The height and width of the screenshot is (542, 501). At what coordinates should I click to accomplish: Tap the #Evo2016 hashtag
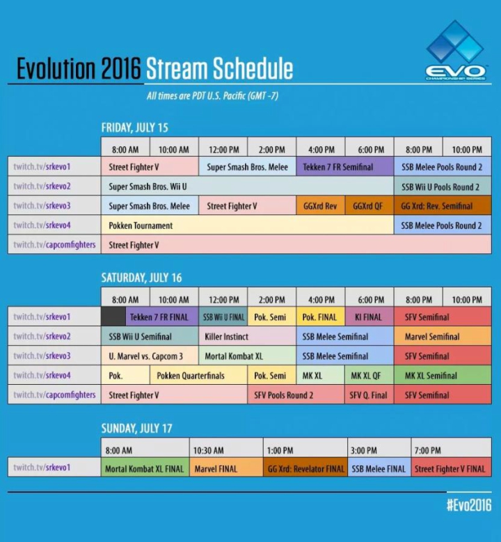[469, 505]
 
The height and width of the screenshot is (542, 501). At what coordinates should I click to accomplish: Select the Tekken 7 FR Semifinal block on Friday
[344, 166]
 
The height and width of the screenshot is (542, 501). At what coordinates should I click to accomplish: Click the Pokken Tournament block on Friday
[247, 225]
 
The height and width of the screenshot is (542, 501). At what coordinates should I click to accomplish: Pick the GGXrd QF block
[369, 206]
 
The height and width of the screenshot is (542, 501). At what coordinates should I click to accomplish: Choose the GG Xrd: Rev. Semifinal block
[443, 206]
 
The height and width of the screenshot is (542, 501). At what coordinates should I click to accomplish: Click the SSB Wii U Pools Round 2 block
[443, 186]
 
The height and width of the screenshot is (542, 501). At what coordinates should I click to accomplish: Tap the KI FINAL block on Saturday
[369, 317]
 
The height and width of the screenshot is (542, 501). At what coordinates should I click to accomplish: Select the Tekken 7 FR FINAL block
[162, 317]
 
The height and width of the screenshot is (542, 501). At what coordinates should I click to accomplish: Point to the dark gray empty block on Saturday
[113, 317]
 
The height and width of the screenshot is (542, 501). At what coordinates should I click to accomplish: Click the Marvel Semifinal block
[443, 336]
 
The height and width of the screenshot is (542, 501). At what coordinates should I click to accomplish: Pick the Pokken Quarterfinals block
[198, 375]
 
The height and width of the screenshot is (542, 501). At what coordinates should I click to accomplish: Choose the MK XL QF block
[369, 375]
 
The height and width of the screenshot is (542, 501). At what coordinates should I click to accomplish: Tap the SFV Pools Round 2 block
[296, 394]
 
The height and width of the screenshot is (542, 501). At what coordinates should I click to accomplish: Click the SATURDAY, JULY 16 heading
[141, 278]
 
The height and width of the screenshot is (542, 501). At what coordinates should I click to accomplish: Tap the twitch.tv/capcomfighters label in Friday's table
[54, 244]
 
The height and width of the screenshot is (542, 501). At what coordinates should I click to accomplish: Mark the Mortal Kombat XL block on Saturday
[247, 356]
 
